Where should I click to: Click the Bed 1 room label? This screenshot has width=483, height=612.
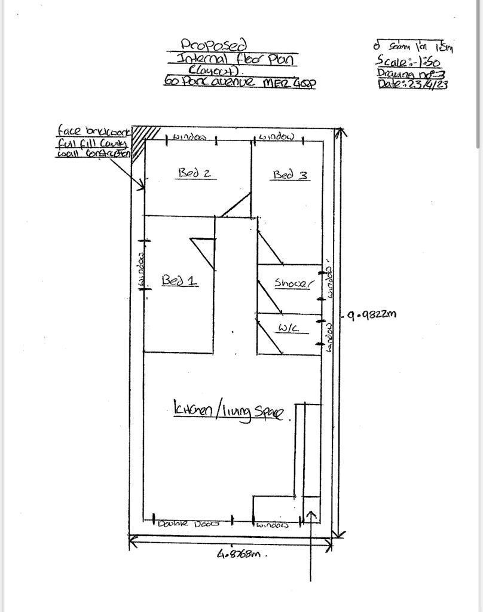tap(179, 280)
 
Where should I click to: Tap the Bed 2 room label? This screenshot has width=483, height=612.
tap(195, 173)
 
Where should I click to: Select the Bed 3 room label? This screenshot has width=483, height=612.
tap(291, 175)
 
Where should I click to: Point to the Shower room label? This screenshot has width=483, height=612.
tap(293, 283)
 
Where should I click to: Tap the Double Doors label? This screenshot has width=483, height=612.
tap(188, 524)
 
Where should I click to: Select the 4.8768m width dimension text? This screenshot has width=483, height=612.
tap(239, 554)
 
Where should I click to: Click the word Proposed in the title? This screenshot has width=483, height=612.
tap(206, 45)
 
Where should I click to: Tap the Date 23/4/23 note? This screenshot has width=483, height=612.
tap(412, 84)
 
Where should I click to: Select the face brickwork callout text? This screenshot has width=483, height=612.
tap(93, 142)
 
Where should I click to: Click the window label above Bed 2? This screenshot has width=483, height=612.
tap(189, 137)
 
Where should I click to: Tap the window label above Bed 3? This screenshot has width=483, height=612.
tap(276, 137)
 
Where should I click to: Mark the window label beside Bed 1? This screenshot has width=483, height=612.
tap(142, 269)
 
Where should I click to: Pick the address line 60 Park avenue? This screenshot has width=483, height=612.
tap(240, 82)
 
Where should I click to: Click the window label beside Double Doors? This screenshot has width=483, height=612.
tap(273, 525)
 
